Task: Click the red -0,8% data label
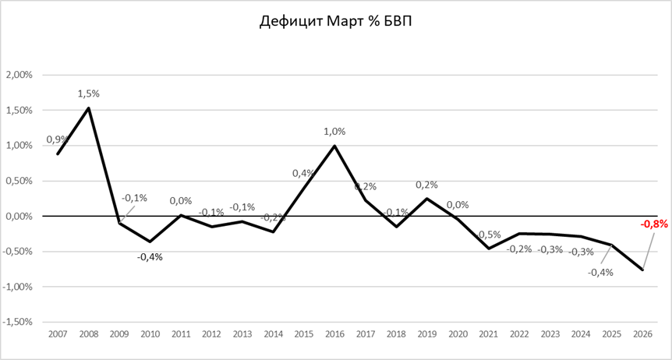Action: click(x=653, y=224)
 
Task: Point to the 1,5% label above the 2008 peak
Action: click(x=88, y=94)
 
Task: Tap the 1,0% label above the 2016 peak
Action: click(x=334, y=132)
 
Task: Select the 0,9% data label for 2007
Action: click(x=56, y=140)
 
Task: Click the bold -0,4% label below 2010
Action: click(x=150, y=257)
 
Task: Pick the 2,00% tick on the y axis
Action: click(x=19, y=76)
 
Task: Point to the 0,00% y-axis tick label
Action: click(x=19, y=216)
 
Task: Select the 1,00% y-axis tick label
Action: click(x=19, y=146)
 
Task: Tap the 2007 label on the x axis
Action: click(x=57, y=334)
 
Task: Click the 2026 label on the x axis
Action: click(x=642, y=334)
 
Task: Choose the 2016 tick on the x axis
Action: click(x=334, y=334)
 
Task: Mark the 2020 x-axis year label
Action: click(x=458, y=334)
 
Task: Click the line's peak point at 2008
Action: click(x=88, y=108)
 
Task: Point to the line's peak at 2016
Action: click(x=334, y=146)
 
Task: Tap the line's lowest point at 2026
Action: click(x=642, y=270)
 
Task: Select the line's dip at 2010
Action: click(x=150, y=242)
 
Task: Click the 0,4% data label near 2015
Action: click(x=303, y=173)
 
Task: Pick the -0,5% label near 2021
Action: click(x=490, y=235)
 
